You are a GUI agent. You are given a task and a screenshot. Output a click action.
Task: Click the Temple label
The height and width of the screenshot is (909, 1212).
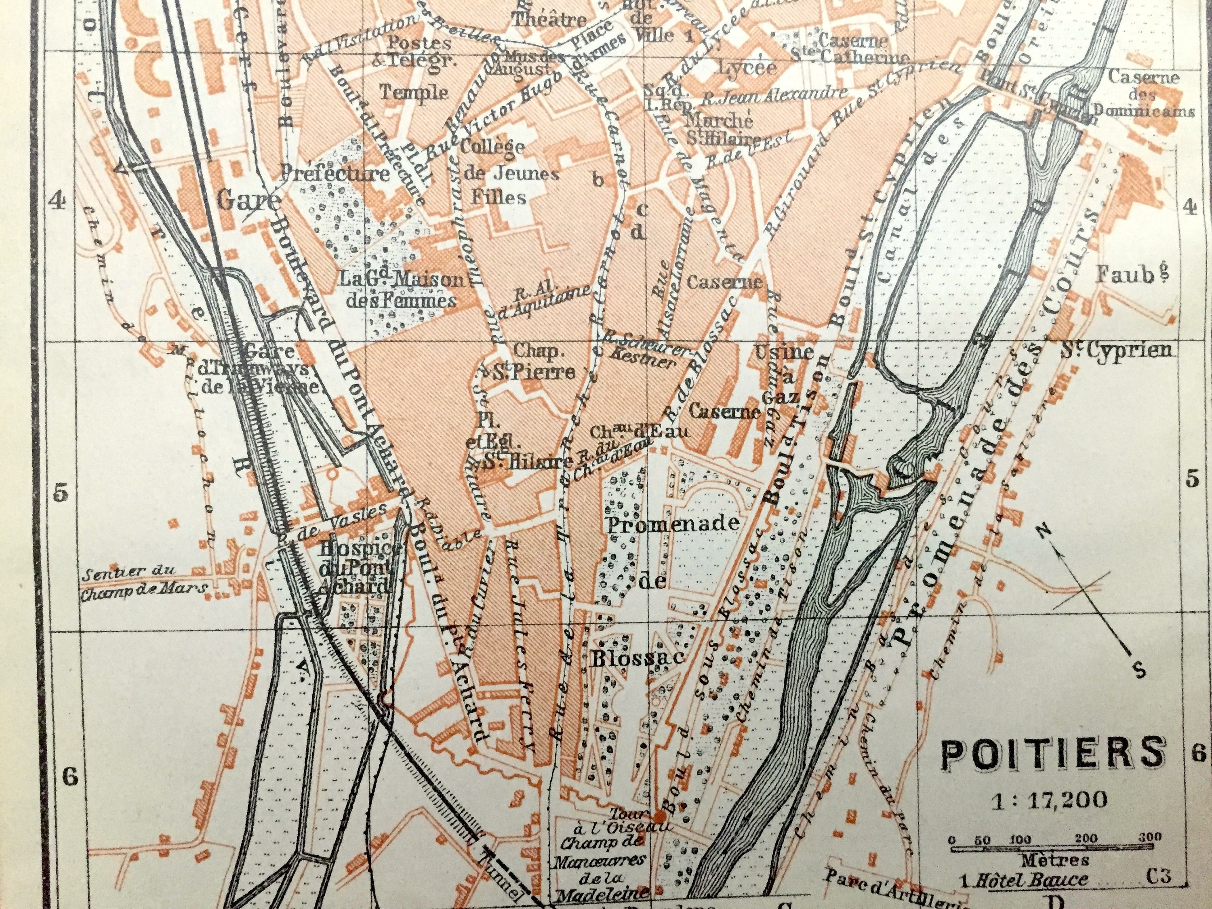coord(414,92)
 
